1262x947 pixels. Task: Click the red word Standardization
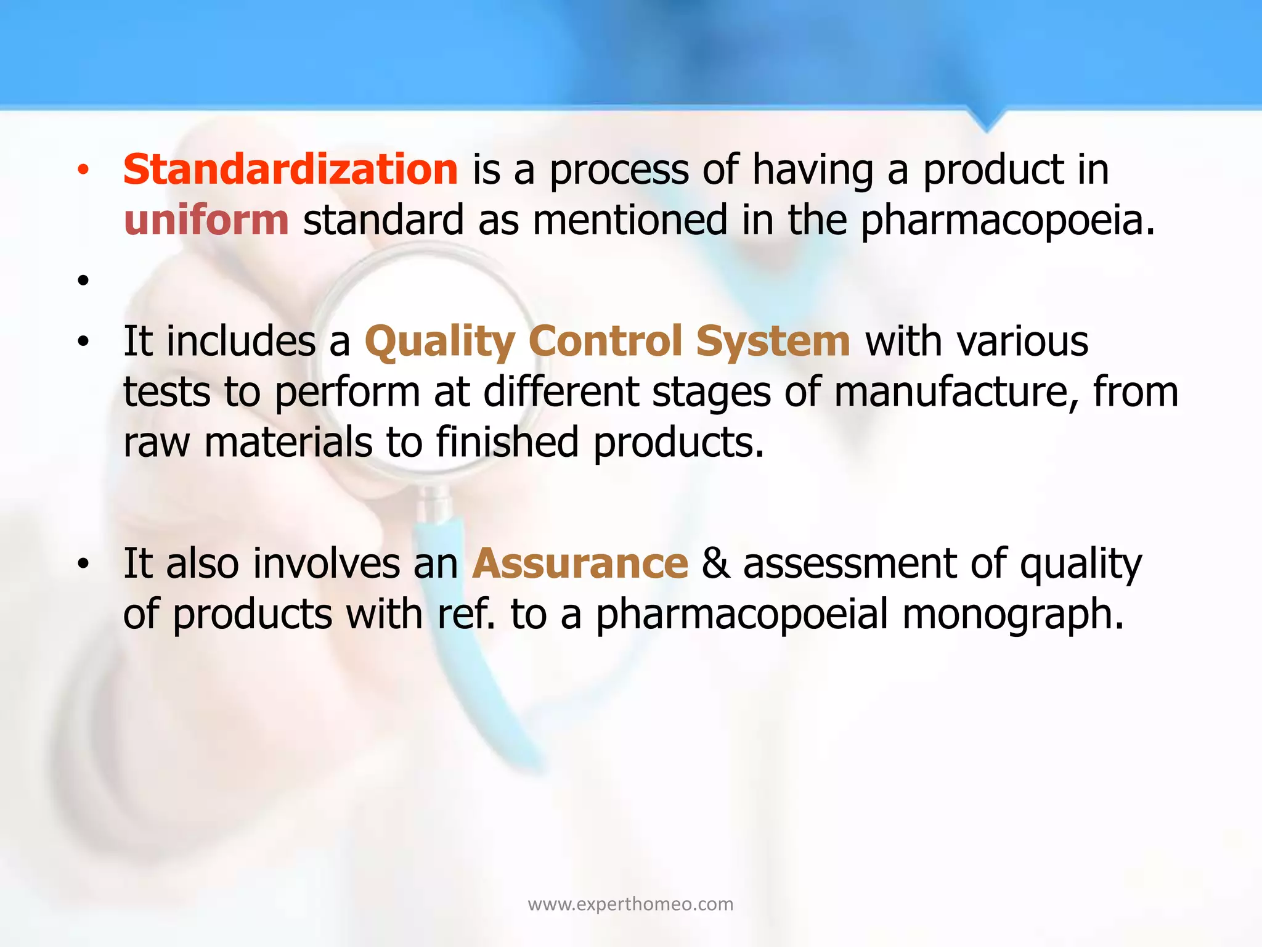pos(290,170)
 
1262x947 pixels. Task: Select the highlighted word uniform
pos(206,221)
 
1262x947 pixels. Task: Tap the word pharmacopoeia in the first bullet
pos(1007,221)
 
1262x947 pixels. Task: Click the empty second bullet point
pos(84,281)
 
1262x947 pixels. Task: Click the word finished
pos(508,443)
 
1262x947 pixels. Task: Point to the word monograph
pos(1013,614)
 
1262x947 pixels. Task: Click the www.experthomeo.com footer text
pos(630,904)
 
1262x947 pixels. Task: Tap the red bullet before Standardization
pos(84,170)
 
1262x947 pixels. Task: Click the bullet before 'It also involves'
pos(84,564)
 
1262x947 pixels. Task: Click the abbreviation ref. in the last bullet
pos(466,614)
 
